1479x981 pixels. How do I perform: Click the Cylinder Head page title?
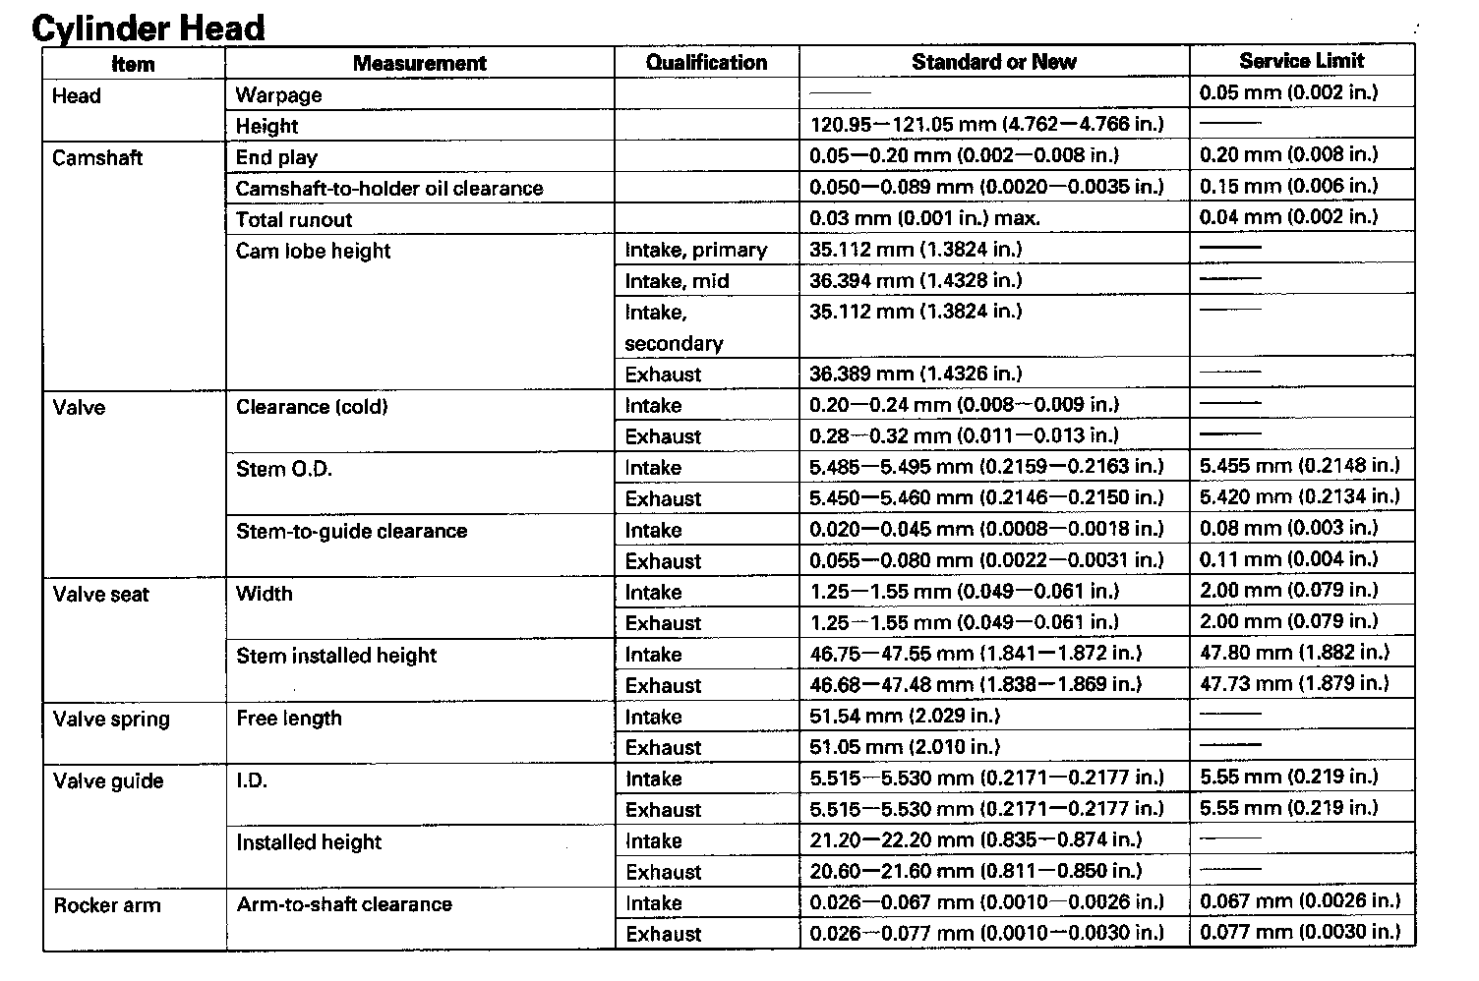[x=148, y=27]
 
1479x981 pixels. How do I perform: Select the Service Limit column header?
[x=1301, y=61]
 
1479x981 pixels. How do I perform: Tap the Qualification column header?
[x=706, y=62]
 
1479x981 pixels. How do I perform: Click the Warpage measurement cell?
[x=278, y=95]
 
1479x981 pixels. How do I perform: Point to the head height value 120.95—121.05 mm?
[x=986, y=124]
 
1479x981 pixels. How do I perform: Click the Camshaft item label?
[x=97, y=157]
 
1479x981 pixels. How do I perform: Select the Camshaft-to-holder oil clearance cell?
[x=389, y=188]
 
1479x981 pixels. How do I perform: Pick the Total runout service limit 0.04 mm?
[x=1288, y=216]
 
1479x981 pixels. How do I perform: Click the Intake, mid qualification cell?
[x=677, y=281]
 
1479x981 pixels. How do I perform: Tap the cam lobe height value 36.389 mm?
[x=916, y=374]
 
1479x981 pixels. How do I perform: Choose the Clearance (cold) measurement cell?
[x=312, y=407]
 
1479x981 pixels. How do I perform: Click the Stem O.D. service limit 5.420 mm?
[x=1299, y=496]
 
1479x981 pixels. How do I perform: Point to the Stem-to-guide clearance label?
[x=351, y=531]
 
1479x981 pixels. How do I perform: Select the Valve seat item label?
[x=100, y=594]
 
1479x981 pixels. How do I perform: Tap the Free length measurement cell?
[x=289, y=718]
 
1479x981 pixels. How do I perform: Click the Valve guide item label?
[x=108, y=781]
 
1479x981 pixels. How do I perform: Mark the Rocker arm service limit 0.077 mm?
[x=1300, y=932]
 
